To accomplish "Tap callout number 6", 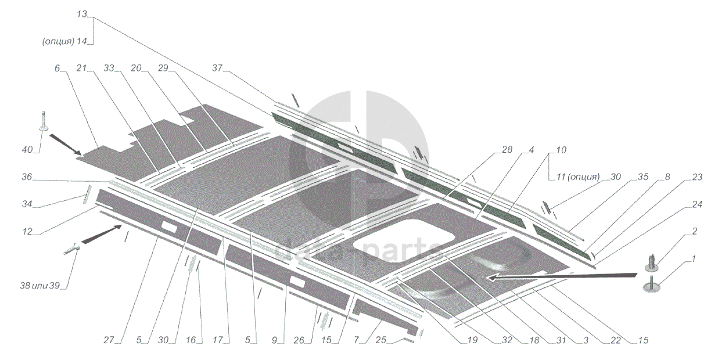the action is pyautogui.click(x=57, y=69).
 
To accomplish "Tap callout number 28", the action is pyautogui.click(x=507, y=150).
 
